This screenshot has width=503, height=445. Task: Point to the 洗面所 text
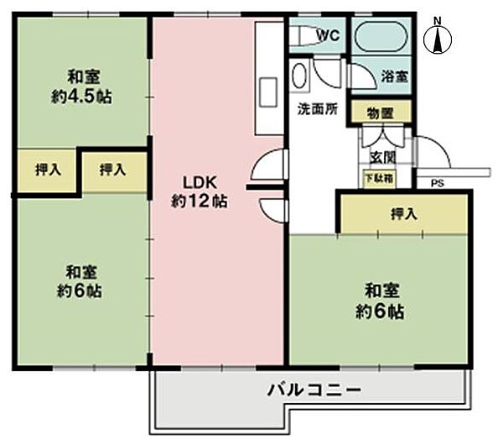(318, 108)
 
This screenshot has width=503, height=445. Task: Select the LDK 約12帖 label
(200, 190)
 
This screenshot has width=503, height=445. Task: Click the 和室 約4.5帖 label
(80, 85)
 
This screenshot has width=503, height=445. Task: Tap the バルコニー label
(314, 390)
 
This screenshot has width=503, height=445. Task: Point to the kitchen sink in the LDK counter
(270, 90)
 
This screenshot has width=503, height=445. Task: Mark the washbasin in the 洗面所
(300, 76)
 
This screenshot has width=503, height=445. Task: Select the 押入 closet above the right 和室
(404, 213)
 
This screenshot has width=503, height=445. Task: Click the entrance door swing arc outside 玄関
(433, 152)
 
